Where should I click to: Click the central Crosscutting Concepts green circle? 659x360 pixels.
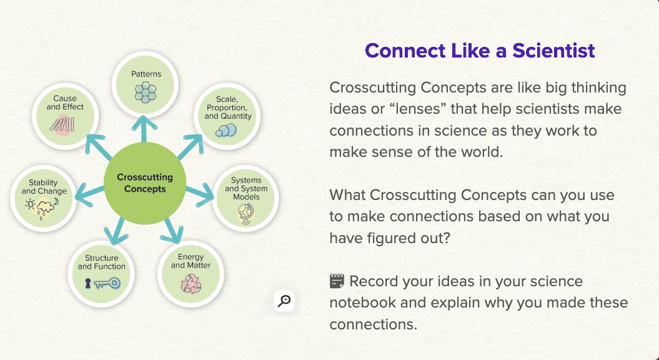(x=145, y=182)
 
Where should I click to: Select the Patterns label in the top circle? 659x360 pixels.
(x=146, y=74)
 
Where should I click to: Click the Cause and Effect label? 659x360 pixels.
(x=65, y=102)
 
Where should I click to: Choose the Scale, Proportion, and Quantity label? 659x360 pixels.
(x=228, y=107)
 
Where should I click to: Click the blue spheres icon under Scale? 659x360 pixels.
(x=226, y=130)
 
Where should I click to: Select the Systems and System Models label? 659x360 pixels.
(x=246, y=189)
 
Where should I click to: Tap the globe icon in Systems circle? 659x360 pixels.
(x=244, y=213)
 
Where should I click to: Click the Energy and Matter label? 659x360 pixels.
(x=191, y=261)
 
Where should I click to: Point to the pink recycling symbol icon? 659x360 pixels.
(x=190, y=283)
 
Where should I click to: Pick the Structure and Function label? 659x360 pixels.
(x=102, y=262)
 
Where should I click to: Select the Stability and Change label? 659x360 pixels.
(x=44, y=187)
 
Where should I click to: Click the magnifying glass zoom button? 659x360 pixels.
(x=284, y=301)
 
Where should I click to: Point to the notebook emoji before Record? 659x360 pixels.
(x=337, y=281)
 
